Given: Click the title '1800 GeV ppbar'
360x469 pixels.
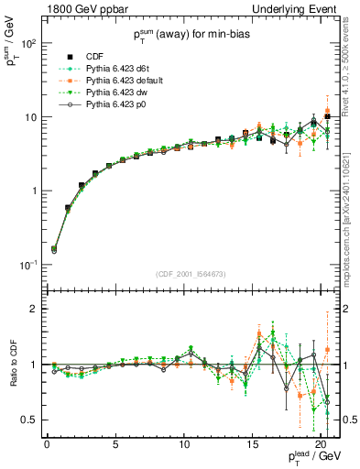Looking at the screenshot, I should point(81,9).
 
